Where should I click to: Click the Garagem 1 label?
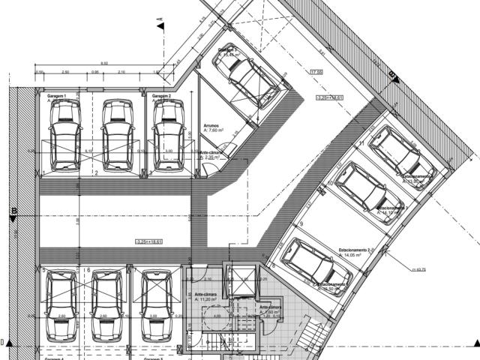pos(58,97)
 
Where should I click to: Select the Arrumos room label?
pos(211,126)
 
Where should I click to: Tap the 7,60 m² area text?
pos(214,131)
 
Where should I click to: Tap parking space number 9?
pos(300,224)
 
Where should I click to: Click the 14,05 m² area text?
pos(350,256)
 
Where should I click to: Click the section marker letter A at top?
pos(160,25)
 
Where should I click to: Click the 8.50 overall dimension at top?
pos(104,63)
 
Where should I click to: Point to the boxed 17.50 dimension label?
pos(316,72)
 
